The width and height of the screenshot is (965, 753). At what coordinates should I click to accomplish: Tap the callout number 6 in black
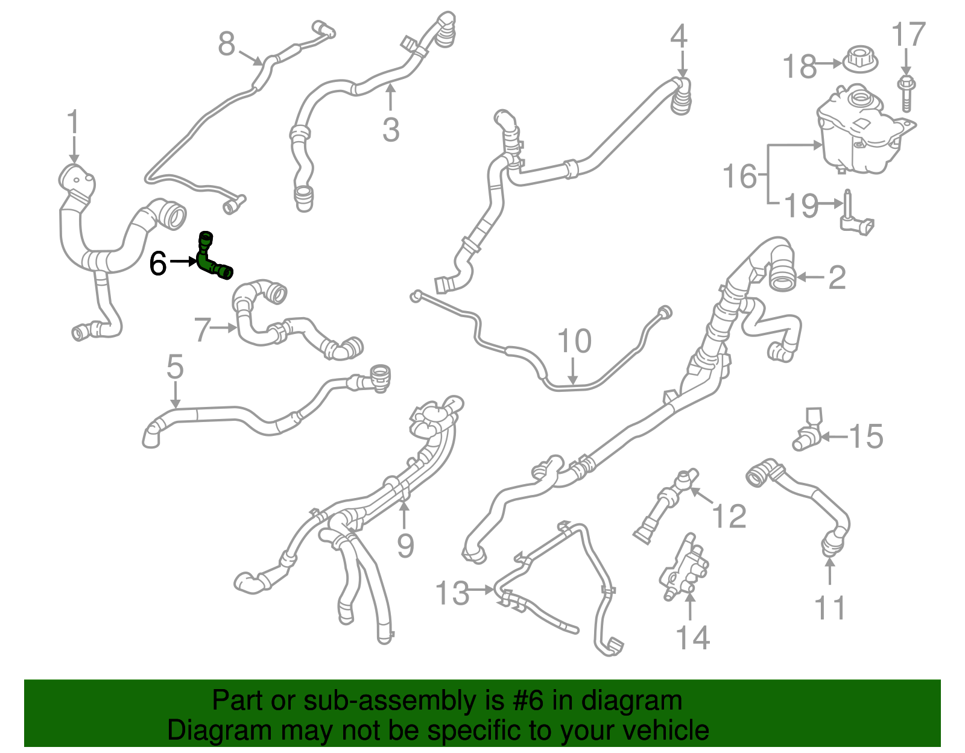158,263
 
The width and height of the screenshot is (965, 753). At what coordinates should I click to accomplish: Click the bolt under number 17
906,93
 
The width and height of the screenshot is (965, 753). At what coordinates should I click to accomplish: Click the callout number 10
574,341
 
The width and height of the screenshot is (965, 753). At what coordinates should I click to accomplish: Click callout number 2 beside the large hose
837,277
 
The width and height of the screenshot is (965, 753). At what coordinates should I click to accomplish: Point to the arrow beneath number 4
682,63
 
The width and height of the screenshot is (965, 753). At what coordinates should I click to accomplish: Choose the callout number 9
405,546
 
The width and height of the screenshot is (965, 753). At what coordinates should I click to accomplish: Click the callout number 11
830,607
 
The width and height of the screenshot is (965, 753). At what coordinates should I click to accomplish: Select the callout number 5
175,367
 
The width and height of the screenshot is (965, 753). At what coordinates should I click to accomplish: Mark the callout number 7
203,329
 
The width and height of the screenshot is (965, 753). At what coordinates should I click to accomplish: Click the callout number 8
226,44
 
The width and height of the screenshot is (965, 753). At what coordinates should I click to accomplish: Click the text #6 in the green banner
529,701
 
